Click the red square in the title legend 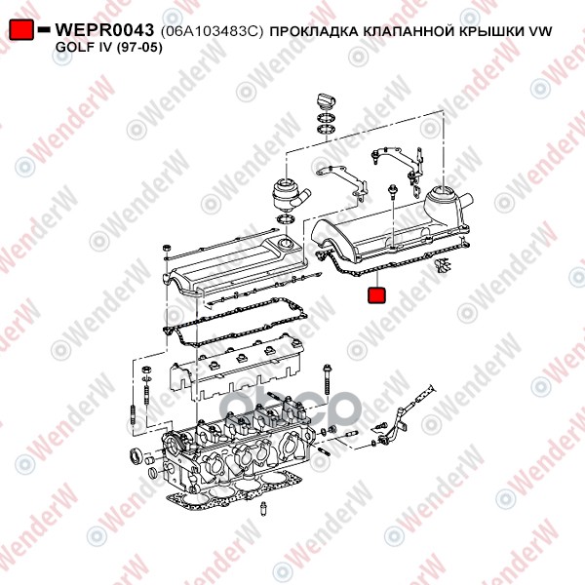(21, 30)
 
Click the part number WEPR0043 (104, 30)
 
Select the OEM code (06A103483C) (212, 32)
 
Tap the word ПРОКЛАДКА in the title (313, 32)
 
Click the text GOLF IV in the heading (84, 48)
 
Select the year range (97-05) (139, 48)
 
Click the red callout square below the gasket (376, 294)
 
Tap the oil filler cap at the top (326, 100)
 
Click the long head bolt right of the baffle (328, 379)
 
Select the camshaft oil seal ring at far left (136, 456)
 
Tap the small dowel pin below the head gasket (264, 508)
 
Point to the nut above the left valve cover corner (167, 248)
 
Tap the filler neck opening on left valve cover (286, 244)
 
